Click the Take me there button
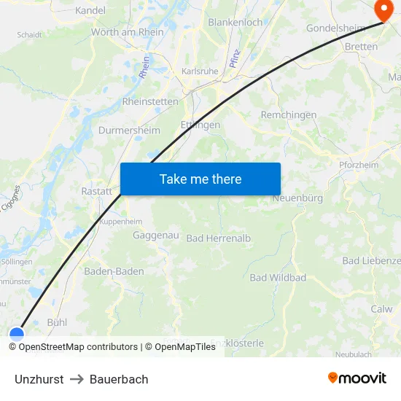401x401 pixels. pos(200,179)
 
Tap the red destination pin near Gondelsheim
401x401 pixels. pos(381,9)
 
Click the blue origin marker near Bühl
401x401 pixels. pos(16,334)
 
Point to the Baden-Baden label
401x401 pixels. pos(114,271)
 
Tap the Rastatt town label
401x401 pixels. pos(96,191)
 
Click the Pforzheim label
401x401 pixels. pos(359,165)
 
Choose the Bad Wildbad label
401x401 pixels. pos(278,278)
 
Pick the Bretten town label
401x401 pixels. pos(361,47)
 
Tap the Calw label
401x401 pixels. pos(381,309)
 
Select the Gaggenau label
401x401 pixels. pos(152,235)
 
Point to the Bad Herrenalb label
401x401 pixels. pos(219,238)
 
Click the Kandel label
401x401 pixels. pos(90,11)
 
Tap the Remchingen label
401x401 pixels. pos(289,115)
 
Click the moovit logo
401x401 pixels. pos(357,378)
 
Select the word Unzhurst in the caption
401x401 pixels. pos(39,379)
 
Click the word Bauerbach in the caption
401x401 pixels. pos(119,379)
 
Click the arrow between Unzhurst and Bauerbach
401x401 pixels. pos(77,379)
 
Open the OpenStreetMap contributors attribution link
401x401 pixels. pos(78,347)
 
